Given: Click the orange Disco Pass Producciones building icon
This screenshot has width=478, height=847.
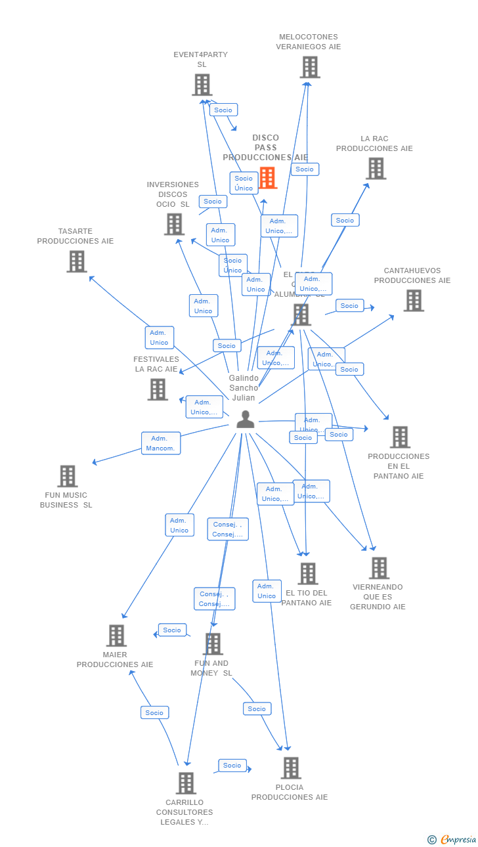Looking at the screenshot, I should point(267,178).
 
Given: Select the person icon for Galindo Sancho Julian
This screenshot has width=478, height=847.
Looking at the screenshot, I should point(246,420).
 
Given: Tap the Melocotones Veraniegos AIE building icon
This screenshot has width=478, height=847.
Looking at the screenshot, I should point(310,67).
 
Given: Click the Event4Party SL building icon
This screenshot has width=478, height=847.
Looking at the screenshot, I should point(202,85).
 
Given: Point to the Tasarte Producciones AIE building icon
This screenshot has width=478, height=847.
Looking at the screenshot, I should point(77,261).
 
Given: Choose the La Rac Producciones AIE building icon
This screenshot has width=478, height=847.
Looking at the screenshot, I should point(376,169).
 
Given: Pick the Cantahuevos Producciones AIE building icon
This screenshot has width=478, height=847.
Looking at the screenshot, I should point(413,301).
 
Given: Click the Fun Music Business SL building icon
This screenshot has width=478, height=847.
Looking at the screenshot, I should point(67,476).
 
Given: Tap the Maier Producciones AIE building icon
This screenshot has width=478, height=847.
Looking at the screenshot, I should point(116,636).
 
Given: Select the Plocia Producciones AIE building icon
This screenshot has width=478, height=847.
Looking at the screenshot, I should point(291,768).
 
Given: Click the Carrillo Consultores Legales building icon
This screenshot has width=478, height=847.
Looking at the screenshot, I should point(186,783).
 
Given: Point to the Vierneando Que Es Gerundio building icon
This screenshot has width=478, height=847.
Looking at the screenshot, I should point(379,568).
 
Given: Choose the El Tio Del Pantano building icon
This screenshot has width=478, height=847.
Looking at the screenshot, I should point(307,573).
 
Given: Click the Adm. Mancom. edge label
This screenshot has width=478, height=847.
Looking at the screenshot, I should point(161,443).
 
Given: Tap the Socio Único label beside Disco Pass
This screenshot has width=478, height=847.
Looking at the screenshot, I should point(244,183).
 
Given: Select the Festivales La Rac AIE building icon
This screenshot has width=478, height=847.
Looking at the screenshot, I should point(158,389).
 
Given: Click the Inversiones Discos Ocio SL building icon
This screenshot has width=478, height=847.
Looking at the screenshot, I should point(174,225).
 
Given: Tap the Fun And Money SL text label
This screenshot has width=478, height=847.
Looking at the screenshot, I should point(211,668).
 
